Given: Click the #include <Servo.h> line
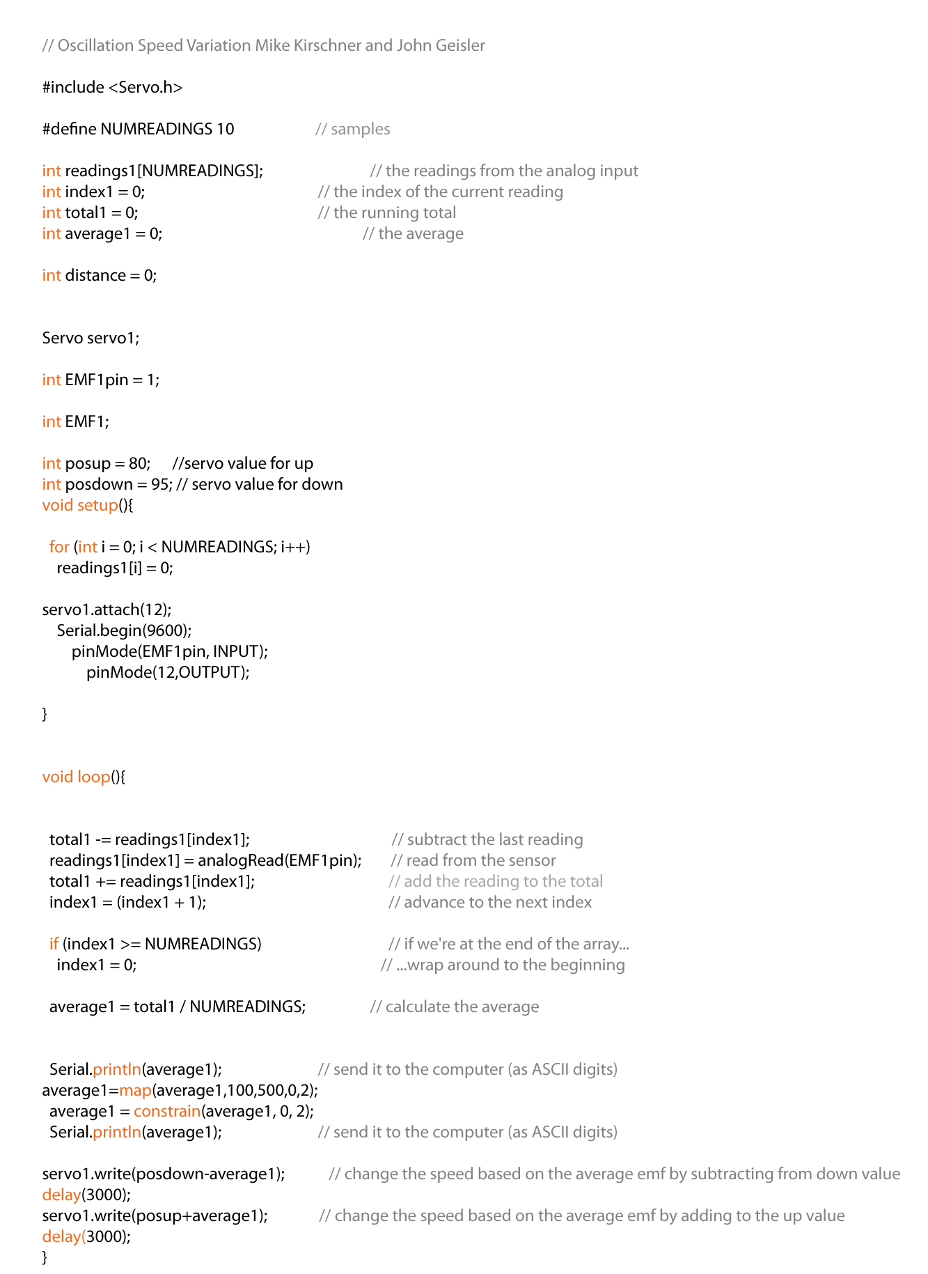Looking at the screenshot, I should click(x=112, y=88).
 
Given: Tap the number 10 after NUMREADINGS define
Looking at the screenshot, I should click(x=225, y=130).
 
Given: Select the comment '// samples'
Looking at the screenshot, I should click(x=353, y=130).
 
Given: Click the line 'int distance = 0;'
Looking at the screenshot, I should click(x=100, y=276).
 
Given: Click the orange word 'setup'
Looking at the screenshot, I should click(x=98, y=506).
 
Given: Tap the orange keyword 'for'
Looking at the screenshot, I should click(x=59, y=547).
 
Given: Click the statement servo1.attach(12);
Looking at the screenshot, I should click(x=107, y=610).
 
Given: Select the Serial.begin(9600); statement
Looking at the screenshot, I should click(x=124, y=631).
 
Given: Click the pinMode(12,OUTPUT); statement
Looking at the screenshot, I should click(x=168, y=673).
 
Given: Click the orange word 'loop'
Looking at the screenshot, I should click(x=94, y=777).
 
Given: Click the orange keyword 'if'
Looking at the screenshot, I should click(x=54, y=945).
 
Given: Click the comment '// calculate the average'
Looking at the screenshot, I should click(x=455, y=1007).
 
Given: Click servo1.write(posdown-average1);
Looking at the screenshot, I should click(x=164, y=1174).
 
